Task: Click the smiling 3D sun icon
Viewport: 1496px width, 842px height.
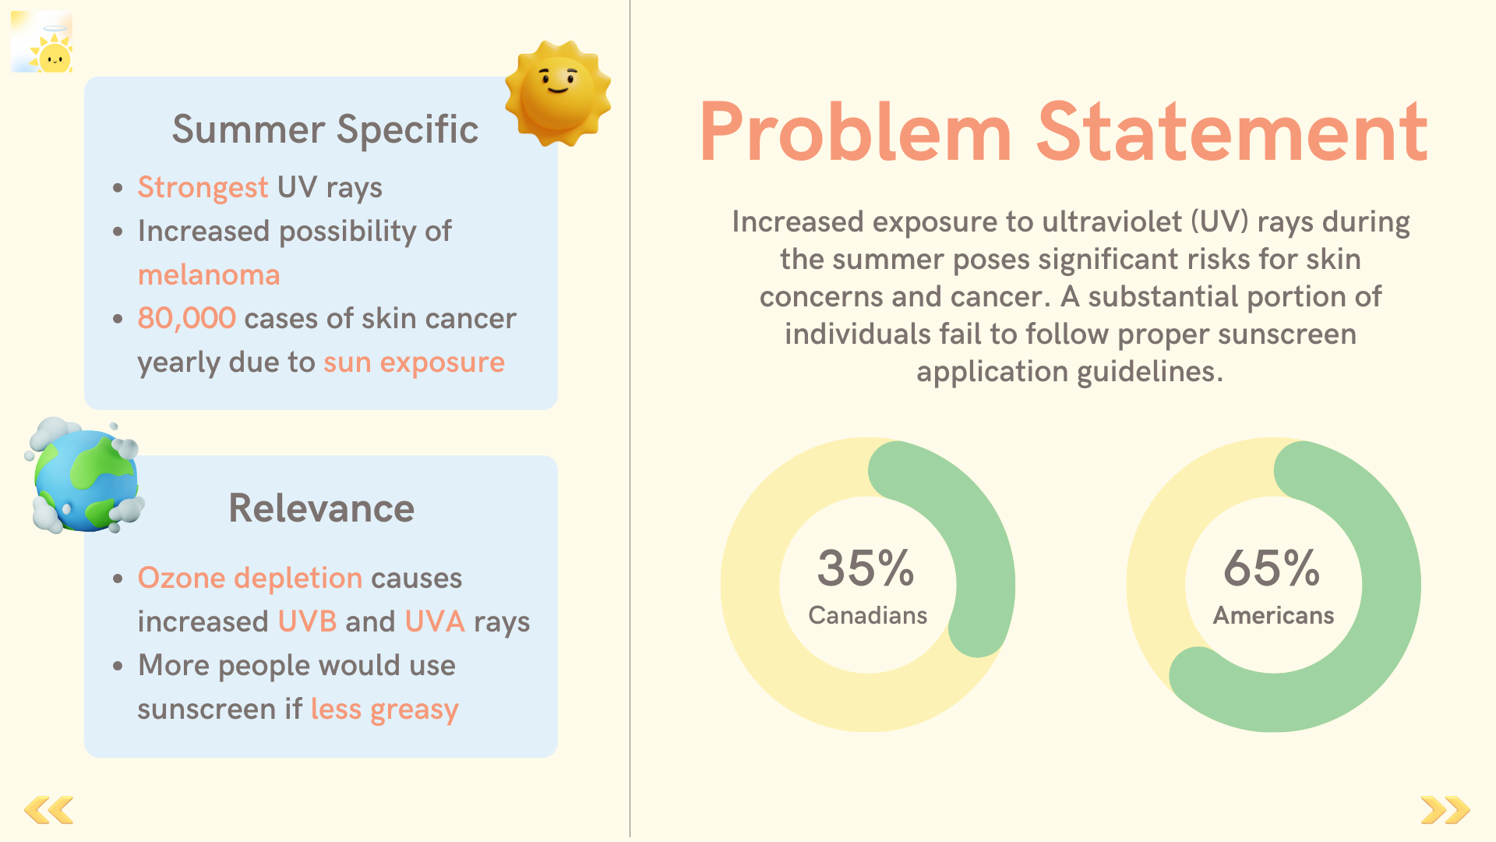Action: coord(558,94)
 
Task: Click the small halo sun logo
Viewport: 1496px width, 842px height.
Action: coord(42,42)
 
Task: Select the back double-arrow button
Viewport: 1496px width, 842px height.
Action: coord(49,810)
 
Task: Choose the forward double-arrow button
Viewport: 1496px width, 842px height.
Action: coord(1445,810)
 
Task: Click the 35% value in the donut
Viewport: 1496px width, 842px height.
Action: coord(866,568)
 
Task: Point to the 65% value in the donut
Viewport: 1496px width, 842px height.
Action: coord(1272,568)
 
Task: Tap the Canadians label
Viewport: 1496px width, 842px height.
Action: coord(868,615)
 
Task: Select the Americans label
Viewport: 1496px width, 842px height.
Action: coord(1274,615)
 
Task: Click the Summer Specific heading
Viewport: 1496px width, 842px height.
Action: coord(325,129)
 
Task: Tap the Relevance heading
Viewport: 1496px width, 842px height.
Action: coord(321,508)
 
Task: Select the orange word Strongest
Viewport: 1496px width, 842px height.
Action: coord(203,188)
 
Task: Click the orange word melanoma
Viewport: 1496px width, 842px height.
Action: coord(209,275)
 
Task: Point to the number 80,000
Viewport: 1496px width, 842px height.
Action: coord(186,319)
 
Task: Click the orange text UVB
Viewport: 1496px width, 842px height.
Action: coord(308,621)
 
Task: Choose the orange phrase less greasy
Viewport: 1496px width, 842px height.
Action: coord(385,710)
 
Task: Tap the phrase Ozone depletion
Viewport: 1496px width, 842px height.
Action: coord(250,578)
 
